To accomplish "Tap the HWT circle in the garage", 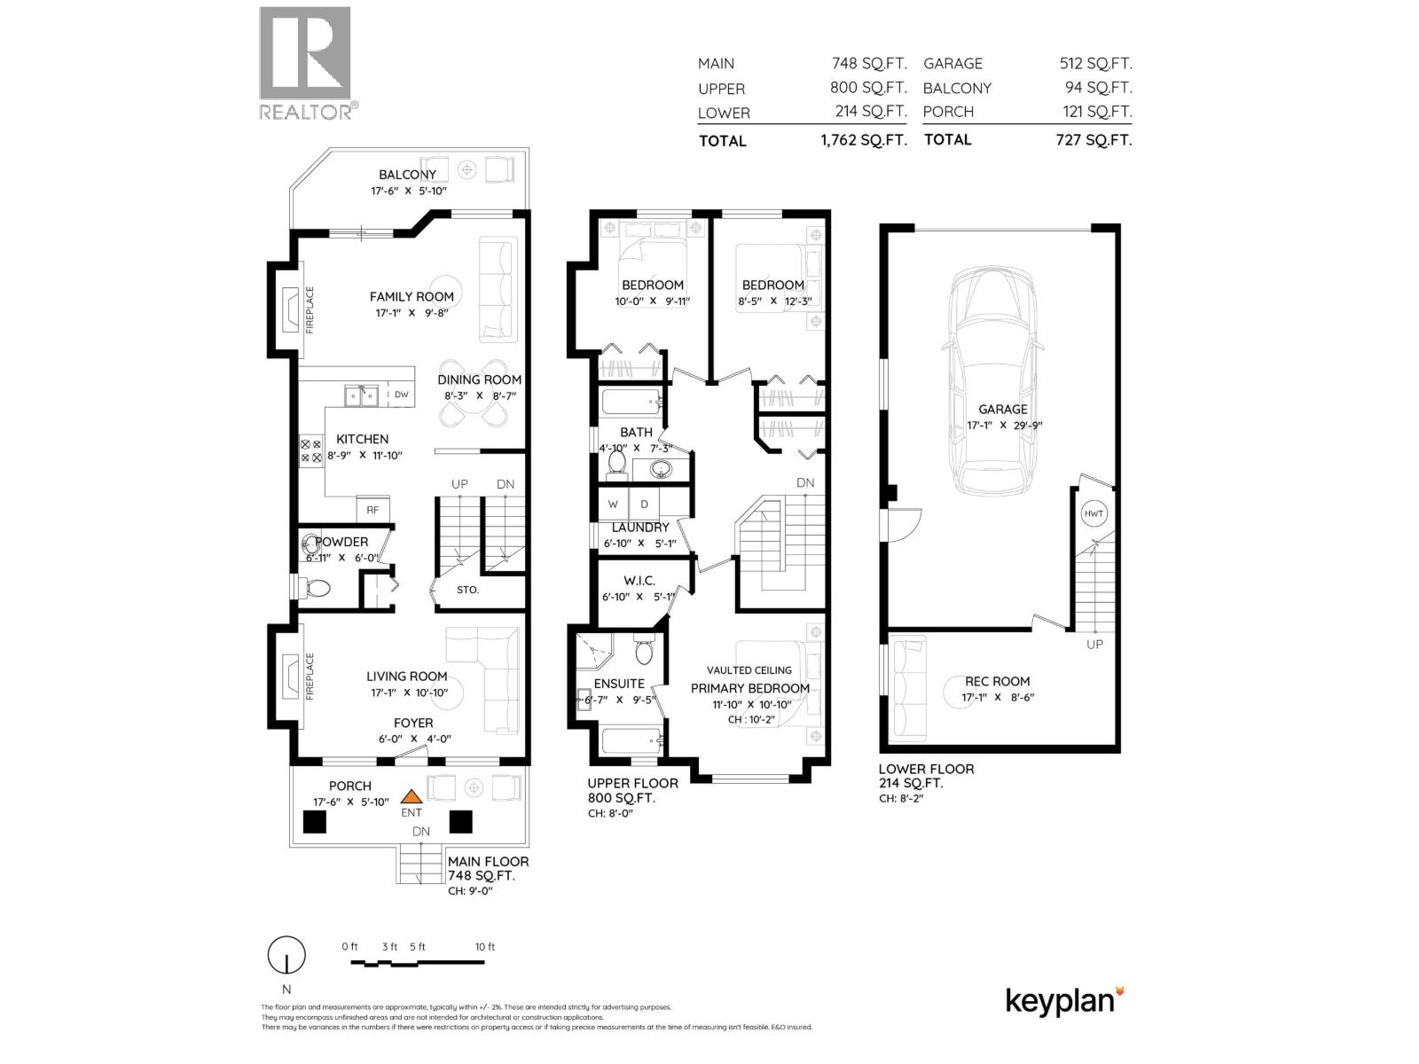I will (1094, 514).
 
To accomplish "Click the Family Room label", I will (412, 297).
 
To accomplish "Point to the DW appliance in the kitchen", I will (401, 395).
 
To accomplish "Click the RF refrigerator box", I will (372, 509).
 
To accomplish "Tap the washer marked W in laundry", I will (613, 505).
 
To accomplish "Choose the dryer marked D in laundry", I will (645, 505).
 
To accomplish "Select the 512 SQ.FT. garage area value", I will (1095, 64).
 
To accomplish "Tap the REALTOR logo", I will (306, 62).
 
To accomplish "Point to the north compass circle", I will (286, 956).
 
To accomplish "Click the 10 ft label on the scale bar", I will (484, 947).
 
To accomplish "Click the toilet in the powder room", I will (316, 587).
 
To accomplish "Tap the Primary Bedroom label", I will (749, 688).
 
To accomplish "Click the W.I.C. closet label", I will (639, 581).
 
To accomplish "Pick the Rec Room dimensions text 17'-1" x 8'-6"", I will (998, 697).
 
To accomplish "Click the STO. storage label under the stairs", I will (467, 590).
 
